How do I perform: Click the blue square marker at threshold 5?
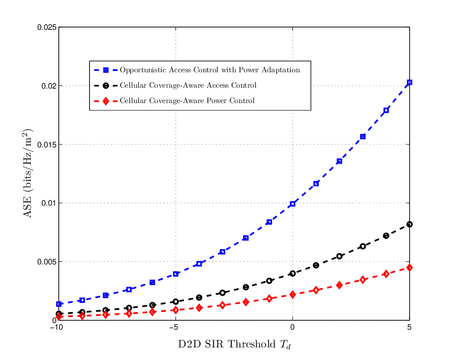click(409, 83)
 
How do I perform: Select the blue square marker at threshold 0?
click(293, 204)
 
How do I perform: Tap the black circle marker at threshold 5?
click(409, 224)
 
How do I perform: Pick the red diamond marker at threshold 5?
click(409, 268)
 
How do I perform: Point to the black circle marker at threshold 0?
click(293, 273)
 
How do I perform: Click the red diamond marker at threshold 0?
click(293, 295)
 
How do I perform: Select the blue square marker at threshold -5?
click(176, 274)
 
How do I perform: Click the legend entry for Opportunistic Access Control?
click(210, 70)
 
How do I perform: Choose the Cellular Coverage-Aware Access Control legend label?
click(188, 85)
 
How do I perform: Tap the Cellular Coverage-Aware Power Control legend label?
click(187, 101)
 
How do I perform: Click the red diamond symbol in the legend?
click(106, 101)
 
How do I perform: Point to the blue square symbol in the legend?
click(106, 70)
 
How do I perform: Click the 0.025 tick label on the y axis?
click(47, 28)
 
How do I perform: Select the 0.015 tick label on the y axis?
click(47, 145)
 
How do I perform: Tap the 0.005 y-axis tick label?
click(47, 262)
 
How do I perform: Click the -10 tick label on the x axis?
click(56, 327)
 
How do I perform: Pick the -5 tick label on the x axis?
click(173, 327)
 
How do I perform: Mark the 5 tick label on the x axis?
click(409, 327)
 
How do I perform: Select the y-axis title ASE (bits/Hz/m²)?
click(27, 173)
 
